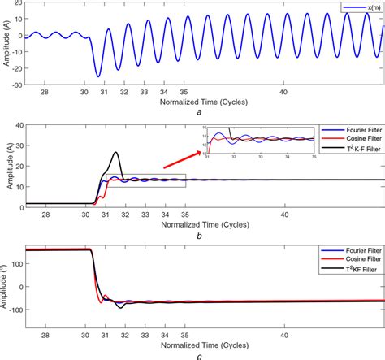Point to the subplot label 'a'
[199, 115]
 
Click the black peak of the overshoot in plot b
[116, 152]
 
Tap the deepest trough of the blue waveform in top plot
[98, 76]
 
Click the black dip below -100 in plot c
[120, 307]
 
